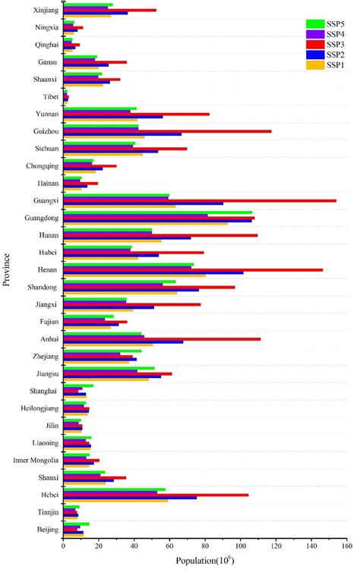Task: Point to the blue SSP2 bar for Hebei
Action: coord(130,498)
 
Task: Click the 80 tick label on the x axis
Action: coord(204,545)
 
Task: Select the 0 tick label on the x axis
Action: coord(64,545)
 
